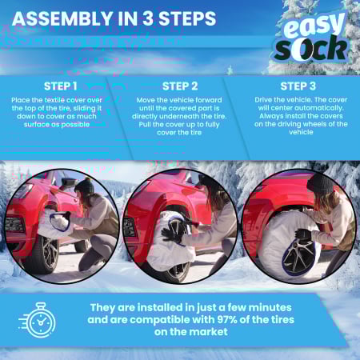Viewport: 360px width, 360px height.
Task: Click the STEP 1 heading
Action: [x=61, y=86]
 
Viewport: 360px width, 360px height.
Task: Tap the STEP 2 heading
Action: [x=180, y=86]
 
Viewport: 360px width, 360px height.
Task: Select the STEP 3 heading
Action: [x=298, y=86]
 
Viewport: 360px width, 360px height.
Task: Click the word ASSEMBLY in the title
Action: [x=62, y=18]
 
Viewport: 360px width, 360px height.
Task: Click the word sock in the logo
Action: [x=311, y=49]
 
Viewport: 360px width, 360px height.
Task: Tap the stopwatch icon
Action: [x=38, y=320]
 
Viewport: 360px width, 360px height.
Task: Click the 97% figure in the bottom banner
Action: [x=227, y=319]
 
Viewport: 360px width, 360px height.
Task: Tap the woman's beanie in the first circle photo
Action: [x=85, y=185]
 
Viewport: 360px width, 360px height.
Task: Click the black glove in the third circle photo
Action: [x=302, y=235]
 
